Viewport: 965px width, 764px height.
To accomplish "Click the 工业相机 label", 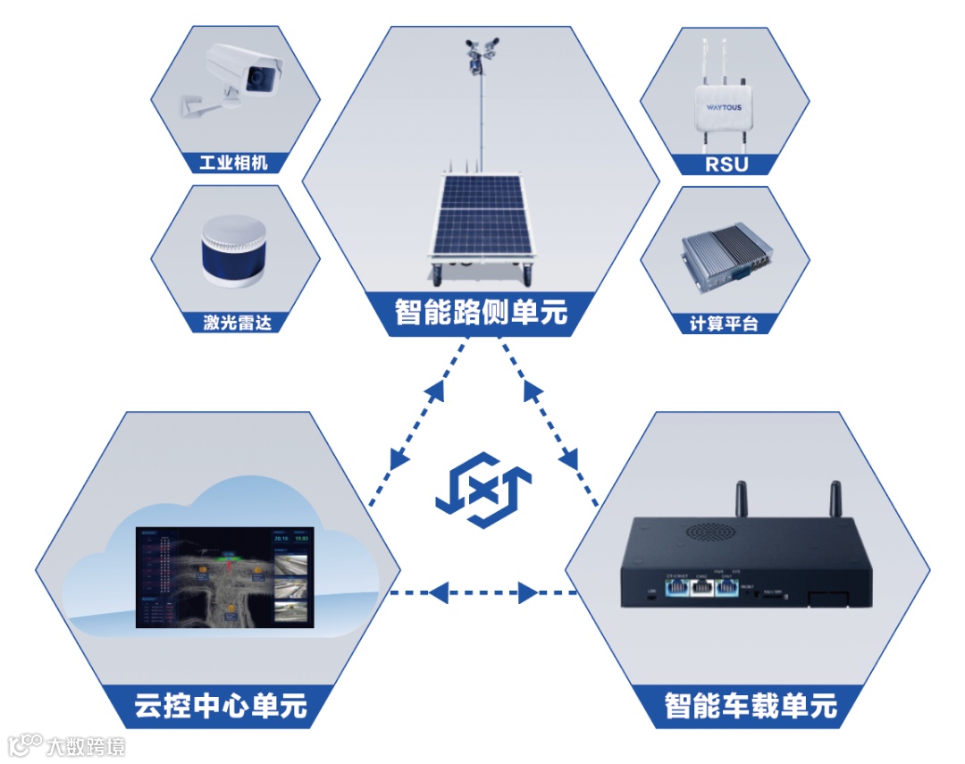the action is pos(233,163).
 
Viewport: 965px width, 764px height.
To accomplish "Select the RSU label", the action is pos(726,164).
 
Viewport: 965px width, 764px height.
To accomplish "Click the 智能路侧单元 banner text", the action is pos(481,312).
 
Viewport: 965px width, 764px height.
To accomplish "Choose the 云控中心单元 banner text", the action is pos(221,706).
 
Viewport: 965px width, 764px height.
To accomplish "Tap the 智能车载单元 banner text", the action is pos(751,706).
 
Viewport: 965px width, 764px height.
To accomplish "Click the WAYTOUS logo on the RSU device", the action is pos(724,106).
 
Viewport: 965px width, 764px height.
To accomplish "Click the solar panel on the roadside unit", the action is pos(481,215).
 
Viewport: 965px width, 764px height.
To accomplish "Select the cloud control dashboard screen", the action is pos(225,576).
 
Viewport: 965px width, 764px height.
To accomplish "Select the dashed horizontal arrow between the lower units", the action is pos(483,592).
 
